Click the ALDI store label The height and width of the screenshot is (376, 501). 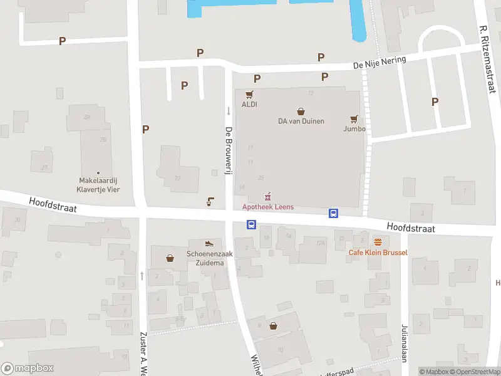(249, 105)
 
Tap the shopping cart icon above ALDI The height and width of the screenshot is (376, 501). (249, 95)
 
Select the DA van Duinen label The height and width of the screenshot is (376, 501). (301, 121)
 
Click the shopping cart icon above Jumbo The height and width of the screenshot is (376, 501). (354, 118)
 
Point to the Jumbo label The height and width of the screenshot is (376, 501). (354, 129)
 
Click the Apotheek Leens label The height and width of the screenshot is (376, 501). (268, 207)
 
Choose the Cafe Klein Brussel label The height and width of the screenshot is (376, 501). (378, 253)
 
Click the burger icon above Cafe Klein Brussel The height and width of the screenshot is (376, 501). (378, 242)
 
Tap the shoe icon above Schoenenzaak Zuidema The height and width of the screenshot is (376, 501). (209, 243)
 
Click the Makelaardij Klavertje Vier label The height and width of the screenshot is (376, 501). (98, 185)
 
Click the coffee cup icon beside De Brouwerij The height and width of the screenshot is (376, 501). (210, 202)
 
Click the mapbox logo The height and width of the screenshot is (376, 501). (28, 368)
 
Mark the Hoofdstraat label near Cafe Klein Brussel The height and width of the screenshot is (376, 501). (410, 228)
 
